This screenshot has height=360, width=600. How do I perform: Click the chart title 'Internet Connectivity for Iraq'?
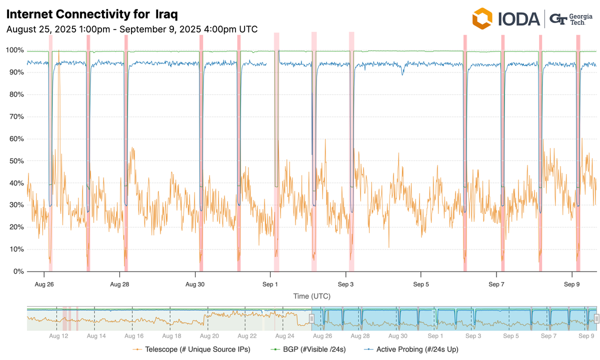coord(91,13)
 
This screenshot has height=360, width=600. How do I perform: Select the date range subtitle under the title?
coord(132,29)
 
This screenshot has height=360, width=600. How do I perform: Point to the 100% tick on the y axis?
coord(14,50)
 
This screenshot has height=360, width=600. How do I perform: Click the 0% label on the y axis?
coord(18,271)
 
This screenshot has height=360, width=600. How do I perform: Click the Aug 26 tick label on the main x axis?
coord(44,284)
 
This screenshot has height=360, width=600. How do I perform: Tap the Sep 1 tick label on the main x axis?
coord(270,284)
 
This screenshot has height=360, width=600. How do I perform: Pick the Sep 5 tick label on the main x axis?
coord(421,284)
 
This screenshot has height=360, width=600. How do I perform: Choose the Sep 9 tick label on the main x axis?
coord(571,284)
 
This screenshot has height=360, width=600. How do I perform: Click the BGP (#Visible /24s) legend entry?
coord(311,349)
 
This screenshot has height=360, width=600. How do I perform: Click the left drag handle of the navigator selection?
coord(311,318)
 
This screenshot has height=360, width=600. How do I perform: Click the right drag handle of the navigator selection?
coord(596,318)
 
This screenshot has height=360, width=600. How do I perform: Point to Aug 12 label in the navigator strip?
coord(58,336)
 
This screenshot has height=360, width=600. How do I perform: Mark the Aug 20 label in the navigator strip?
coord(209,336)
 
